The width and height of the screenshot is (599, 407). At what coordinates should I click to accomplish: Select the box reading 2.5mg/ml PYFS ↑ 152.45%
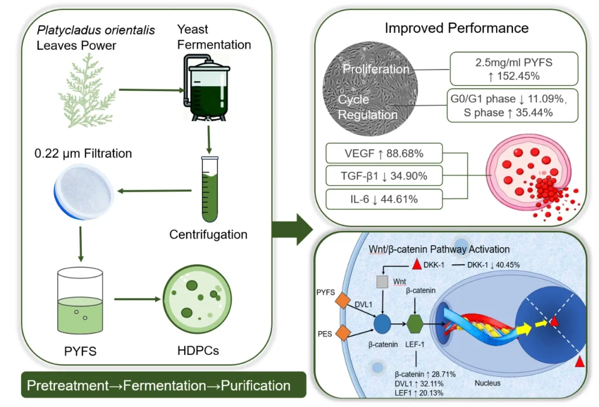tap(514, 68)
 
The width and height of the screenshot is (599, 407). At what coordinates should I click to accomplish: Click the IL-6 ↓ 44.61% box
tap(384, 199)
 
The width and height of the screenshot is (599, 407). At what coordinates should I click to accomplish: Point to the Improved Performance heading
tap(456, 28)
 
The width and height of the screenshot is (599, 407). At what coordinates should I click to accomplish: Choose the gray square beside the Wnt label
tap(382, 282)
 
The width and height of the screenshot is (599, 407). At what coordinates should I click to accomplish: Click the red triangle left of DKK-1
tap(416, 265)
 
